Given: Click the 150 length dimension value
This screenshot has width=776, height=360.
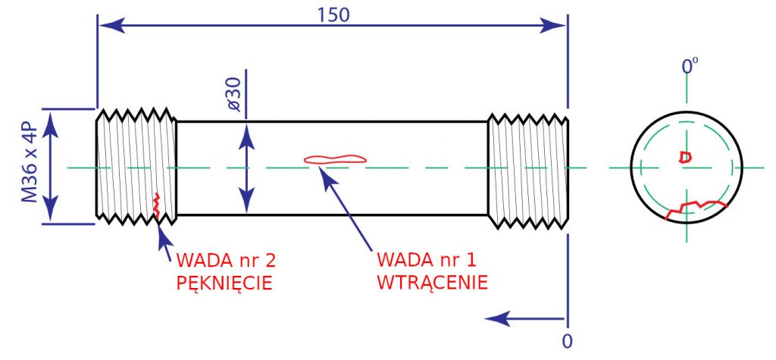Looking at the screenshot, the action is pyautogui.click(x=333, y=15).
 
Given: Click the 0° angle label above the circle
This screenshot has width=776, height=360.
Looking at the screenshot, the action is pyautogui.click(x=690, y=66).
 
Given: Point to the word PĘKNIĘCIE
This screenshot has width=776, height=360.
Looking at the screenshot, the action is pyautogui.click(x=224, y=283).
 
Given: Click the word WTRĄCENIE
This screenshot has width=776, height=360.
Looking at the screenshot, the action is pyautogui.click(x=433, y=282).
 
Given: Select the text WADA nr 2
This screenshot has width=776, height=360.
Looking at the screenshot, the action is pyautogui.click(x=226, y=259).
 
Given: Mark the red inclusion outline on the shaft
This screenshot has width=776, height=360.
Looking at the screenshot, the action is pyautogui.click(x=335, y=159).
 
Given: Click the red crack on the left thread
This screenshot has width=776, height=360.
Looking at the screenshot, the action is pyautogui.click(x=157, y=205).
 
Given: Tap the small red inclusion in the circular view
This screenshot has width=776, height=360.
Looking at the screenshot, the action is pyautogui.click(x=685, y=157).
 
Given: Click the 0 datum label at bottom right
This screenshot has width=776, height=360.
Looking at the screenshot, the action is pyautogui.click(x=568, y=341).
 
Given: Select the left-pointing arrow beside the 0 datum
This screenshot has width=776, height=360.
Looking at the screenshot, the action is pyautogui.click(x=524, y=318).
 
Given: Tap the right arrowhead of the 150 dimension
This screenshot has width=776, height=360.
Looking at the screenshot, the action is pyautogui.click(x=552, y=26).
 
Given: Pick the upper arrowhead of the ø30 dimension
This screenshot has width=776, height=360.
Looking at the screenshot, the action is pyautogui.click(x=246, y=137).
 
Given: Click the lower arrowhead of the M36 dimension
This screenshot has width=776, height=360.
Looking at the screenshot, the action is pyautogui.click(x=50, y=209).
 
